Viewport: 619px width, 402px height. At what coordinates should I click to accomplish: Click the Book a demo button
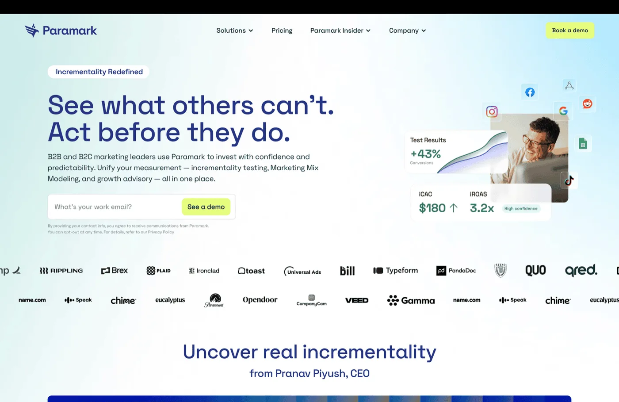[569, 31]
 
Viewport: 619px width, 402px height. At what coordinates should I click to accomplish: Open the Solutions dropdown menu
[234, 31]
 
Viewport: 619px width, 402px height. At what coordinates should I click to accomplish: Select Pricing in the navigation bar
[282, 31]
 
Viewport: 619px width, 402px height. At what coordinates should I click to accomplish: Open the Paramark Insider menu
[340, 31]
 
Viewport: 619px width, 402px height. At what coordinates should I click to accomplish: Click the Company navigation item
[407, 31]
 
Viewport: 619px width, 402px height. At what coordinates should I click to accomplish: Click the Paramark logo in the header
[61, 31]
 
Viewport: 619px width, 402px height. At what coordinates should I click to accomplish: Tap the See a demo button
[206, 207]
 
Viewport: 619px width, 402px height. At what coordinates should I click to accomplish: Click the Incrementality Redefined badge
[99, 72]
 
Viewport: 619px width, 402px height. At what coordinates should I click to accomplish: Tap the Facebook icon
[530, 92]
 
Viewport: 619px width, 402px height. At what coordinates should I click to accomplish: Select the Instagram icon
[492, 111]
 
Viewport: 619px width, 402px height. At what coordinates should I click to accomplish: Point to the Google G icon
[563, 111]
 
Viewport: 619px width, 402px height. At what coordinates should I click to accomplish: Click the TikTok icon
[569, 180]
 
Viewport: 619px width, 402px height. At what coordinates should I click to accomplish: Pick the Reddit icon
[587, 103]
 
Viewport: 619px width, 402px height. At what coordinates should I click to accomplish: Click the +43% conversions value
[425, 154]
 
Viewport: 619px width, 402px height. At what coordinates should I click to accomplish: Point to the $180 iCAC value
[432, 208]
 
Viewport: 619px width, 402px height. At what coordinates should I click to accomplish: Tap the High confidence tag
[521, 209]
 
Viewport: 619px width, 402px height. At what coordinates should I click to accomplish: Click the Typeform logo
[395, 271]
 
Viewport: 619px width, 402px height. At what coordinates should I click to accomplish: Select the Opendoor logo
[260, 300]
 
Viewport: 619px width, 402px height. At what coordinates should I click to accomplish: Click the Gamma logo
[411, 301]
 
